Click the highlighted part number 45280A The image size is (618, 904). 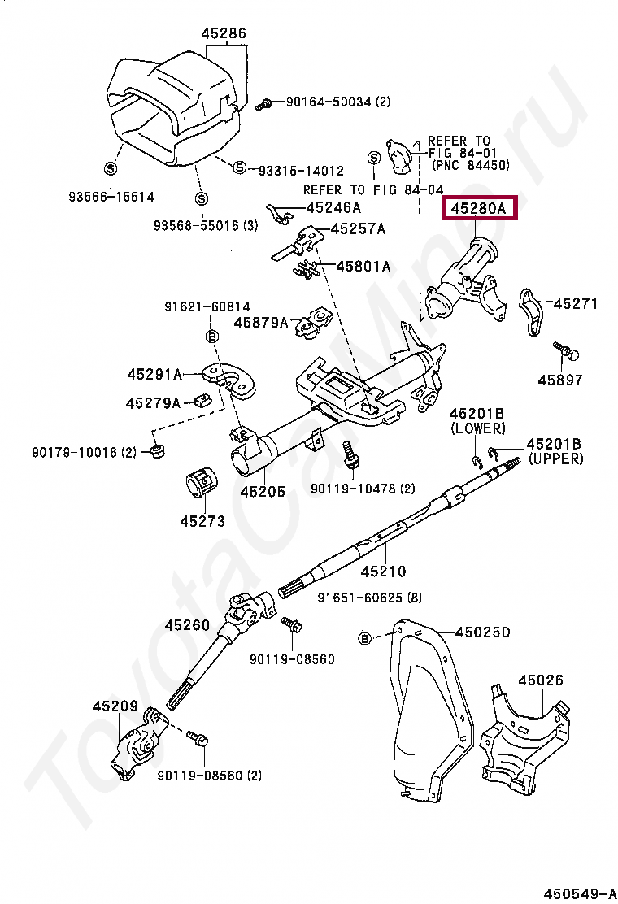click(x=478, y=209)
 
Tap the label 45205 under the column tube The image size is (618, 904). click(x=262, y=492)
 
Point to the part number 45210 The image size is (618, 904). click(x=383, y=572)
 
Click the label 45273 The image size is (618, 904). click(x=202, y=521)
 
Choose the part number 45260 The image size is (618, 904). click(x=187, y=625)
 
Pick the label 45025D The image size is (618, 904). click(x=483, y=632)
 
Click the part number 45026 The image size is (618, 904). click(x=541, y=680)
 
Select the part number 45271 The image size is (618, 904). click(x=576, y=304)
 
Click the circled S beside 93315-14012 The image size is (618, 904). click(x=239, y=167)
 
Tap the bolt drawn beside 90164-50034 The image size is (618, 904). click(x=263, y=103)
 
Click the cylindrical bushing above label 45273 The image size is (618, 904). click(x=201, y=483)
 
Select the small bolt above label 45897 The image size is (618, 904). click(x=565, y=350)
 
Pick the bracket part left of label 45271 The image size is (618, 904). click(x=531, y=310)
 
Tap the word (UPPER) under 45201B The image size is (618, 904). click(x=556, y=459)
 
